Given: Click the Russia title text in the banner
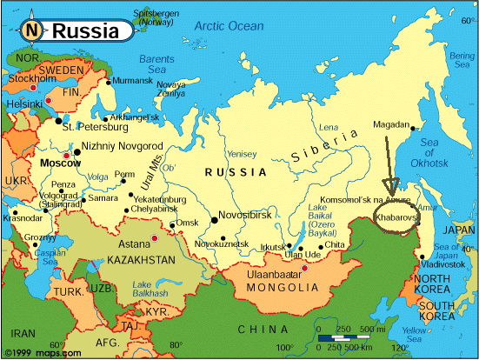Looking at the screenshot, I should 85,31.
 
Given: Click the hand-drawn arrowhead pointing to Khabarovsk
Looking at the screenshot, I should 388,187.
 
